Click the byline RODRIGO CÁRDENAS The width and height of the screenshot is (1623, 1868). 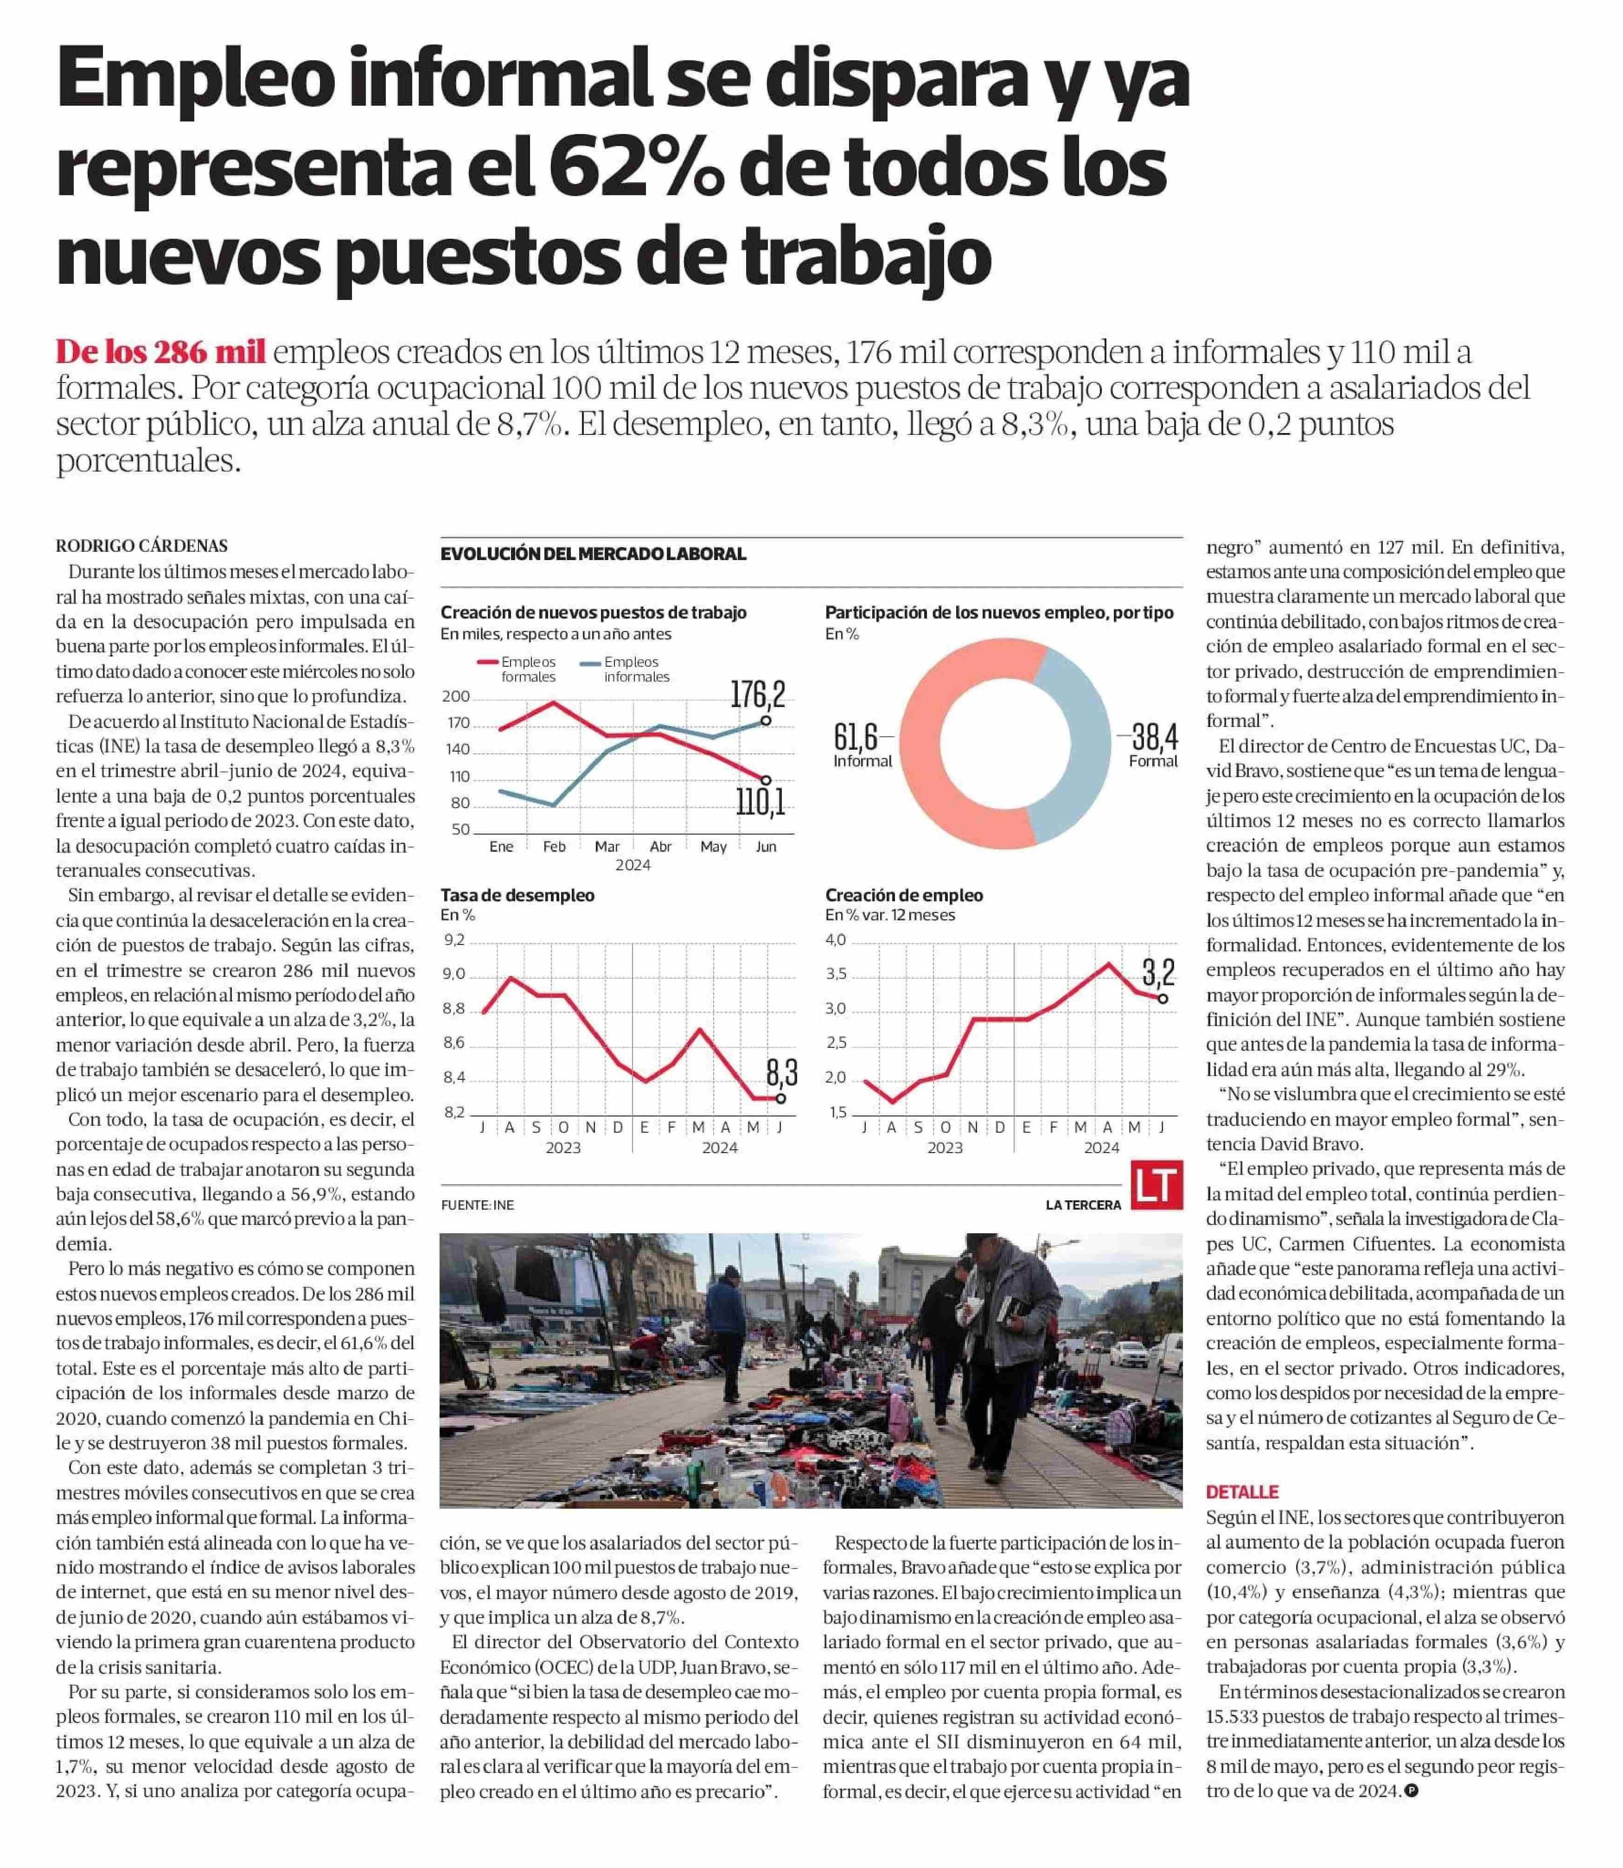[141, 546]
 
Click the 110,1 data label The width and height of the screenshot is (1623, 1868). [759, 800]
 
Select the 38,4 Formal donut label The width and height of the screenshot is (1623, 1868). [1152, 744]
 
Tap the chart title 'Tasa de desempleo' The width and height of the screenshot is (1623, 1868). [517, 895]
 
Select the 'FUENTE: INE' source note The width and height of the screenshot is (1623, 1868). [477, 1205]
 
